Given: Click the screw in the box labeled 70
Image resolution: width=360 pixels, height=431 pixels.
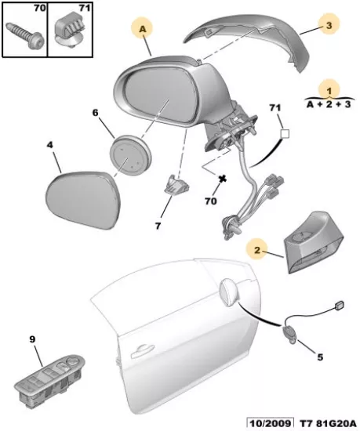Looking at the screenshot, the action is pyautogui.click(x=25, y=35).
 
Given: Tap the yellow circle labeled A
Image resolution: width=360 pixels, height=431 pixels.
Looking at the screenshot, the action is pyautogui.click(x=142, y=29).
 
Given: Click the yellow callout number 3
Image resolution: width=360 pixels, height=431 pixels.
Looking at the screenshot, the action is pyautogui.click(x=329, y=25).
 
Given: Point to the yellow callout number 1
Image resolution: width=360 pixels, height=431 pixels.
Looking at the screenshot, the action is pyautogui.click(x=329, y=89).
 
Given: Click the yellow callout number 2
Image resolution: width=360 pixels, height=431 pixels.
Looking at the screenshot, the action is pyautogui.click(x=257, y=250).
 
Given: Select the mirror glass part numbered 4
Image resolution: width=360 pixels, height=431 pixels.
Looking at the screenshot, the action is pyautogui.click(x=83, y=199).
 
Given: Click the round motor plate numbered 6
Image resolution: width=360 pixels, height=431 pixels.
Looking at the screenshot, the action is pyautogui.click(x=130, y=156).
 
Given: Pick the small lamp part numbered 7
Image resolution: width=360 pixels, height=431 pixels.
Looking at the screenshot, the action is pyautogui.click(x=176, y=184).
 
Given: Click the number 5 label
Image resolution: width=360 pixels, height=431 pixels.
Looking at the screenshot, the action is pyautogui.click(x=320, y=357).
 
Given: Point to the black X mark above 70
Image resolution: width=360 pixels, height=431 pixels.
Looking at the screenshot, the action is pyautogui.click(x=222, y=179).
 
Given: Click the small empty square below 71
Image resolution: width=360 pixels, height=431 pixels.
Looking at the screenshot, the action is pyautogui.click(x=285, y=134).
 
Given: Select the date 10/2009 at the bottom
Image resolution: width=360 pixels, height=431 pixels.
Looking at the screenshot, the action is pyautogui.click(x=269, y=424).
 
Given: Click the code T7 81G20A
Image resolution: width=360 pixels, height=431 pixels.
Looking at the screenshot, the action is pyautogui.click(x=327, y=424).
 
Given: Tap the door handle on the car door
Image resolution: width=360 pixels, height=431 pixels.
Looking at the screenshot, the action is pyautogui.click(x=142, y=350).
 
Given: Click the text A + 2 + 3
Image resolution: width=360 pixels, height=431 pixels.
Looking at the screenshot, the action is pyautogui.click(x=329, y=104).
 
